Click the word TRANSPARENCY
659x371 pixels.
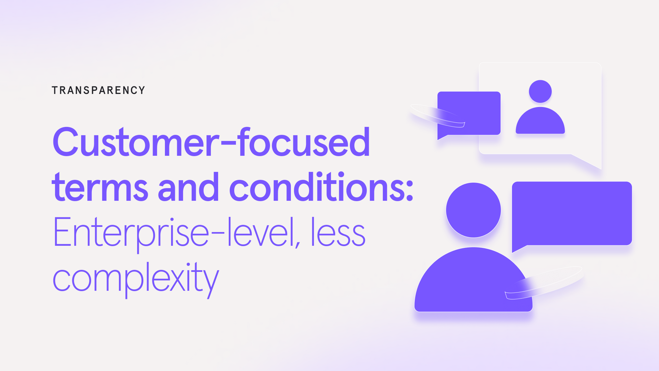[x=98, y=90]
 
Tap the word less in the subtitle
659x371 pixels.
[x=338, y=232]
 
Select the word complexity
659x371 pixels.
[x=135, y=279]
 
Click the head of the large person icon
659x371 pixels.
[x=473, y=210]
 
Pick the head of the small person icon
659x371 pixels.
[x=540, y=91]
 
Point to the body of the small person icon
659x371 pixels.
[x=540, y=122]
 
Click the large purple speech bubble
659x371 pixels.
[x=572, y=213]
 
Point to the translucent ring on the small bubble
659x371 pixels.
[x=435, y=115]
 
